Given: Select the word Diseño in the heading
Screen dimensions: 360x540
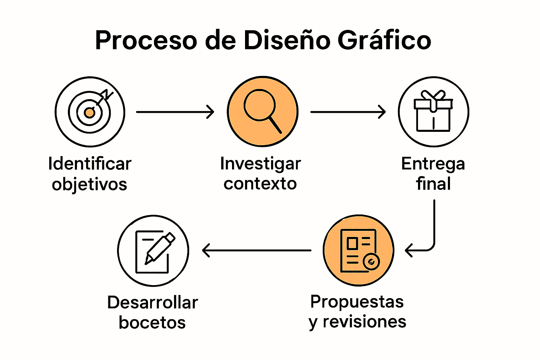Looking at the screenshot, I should [287, 40].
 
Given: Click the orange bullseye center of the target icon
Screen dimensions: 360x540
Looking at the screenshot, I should [90, 113].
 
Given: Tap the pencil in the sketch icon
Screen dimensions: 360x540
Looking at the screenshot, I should [160, 247].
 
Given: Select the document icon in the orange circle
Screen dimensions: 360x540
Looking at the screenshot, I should [359, 250].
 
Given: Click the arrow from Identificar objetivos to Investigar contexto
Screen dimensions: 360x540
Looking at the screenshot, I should [175, 112].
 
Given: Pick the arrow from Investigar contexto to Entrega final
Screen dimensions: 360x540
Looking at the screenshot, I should [348, 112].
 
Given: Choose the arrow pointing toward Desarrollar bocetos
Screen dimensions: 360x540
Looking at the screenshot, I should [257, 250].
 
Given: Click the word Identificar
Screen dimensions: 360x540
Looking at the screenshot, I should [90, 164].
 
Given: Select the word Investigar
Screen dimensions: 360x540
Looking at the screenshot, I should [261, 164].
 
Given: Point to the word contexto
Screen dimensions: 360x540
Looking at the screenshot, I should [260, 184].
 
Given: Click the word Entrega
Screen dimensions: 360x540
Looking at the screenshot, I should [433, 164].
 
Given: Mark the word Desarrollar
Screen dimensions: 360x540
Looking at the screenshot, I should [153, 302].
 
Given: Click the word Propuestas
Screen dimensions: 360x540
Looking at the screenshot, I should [357, 302].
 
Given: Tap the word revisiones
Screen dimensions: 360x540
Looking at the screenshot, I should [364, 321].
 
